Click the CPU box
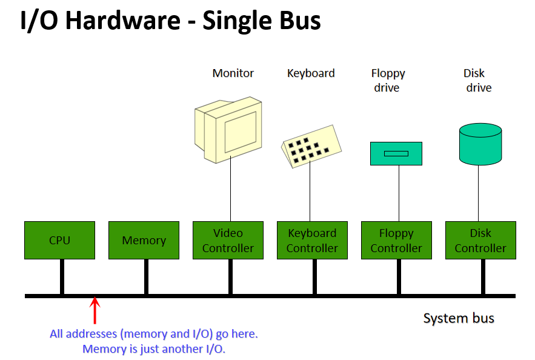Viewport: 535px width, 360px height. (60, 240)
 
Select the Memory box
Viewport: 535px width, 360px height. (144, 240)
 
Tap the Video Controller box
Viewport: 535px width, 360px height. (228, 240)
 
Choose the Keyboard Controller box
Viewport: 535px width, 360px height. (312, 240)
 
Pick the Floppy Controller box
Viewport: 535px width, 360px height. (396, 240)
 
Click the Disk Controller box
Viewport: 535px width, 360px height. (480, 240)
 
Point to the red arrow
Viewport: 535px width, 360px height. (95, 310)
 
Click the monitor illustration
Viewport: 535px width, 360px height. (228, 130)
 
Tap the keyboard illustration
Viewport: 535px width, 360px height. (311, 146)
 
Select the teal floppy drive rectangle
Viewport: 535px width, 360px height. (396, 153)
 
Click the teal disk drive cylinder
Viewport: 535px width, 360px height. (480, 144)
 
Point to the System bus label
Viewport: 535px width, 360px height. (459, 318)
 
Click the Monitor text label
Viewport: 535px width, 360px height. (233, 73)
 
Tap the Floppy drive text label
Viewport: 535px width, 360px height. (388, 81)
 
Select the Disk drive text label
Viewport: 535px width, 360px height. (477, 81)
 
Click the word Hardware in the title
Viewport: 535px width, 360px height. (123, 21)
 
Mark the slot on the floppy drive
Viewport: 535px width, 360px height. (396, 153)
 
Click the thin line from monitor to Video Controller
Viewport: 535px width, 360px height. (231, 188)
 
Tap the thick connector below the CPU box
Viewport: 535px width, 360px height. (62, 276)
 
